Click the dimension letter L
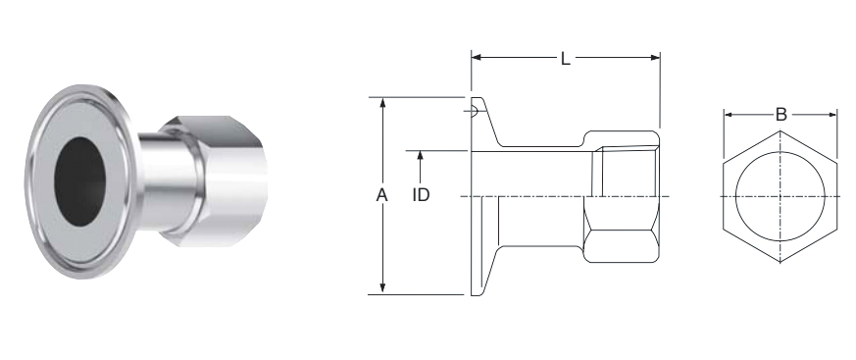tap(566, 59)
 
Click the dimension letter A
tap(381, 195)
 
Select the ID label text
tap(421, 195)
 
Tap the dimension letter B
tap(781, 115)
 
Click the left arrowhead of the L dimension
tap(476, 57)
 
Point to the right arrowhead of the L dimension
tap(655, 57)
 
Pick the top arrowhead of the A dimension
tap(382, 103)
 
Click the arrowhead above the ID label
tap(420, 156)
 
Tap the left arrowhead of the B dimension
tap(729, 115)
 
